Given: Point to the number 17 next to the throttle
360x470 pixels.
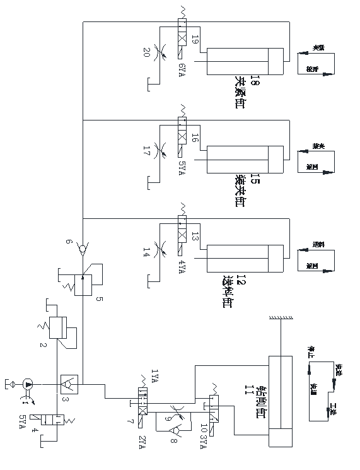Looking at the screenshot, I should (147, 151).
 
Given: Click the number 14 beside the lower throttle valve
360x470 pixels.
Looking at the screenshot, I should (147, 250).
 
